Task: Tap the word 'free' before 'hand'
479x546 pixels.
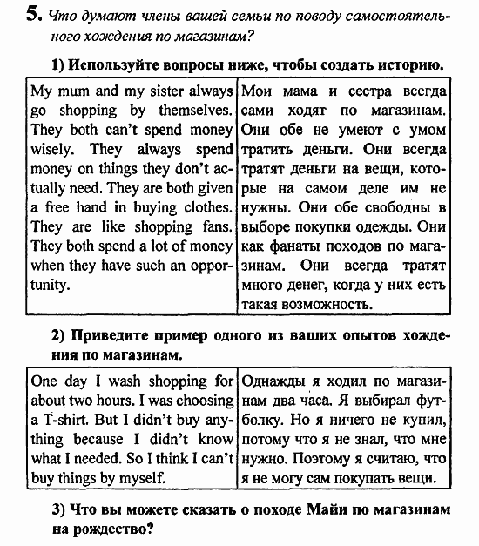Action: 60,207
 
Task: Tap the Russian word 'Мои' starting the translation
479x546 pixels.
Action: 257,91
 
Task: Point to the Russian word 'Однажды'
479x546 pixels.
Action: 274,381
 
